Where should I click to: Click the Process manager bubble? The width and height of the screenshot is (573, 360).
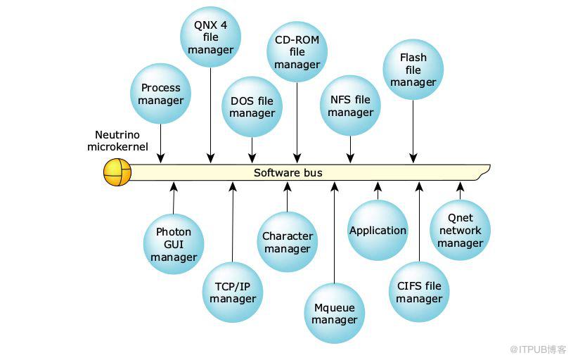point(161,94)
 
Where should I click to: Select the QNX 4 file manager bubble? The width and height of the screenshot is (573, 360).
point(210,37)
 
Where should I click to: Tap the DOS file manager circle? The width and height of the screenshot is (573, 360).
point(252,107)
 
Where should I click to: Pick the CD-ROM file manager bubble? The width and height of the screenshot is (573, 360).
point(297,51)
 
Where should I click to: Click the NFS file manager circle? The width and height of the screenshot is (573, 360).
point(350,105)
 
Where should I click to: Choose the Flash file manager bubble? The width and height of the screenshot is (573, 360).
point(413,70)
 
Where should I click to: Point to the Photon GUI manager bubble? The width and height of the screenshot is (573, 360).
point(174,244)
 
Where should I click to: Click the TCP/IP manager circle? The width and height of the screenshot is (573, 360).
point(233,292)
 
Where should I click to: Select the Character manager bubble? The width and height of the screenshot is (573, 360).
point(288,242)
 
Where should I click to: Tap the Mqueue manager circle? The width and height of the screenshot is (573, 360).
point(335,313)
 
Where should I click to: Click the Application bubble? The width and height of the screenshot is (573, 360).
point(378,230)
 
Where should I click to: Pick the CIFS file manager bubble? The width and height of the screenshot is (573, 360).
point(419,292)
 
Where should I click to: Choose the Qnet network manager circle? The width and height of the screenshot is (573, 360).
point(460,230)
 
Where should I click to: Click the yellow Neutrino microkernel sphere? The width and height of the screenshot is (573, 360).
point(117,172)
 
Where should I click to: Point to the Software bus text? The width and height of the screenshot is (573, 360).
point(288,172)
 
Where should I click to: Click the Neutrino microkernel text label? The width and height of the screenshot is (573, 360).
point(117,141)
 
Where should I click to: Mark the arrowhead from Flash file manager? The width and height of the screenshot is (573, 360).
point(413,159)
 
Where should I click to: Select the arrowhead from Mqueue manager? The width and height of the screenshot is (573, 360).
point(335,186)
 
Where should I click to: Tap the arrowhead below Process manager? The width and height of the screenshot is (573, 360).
point(161,159)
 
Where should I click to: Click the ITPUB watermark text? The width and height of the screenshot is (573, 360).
point(538,349)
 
